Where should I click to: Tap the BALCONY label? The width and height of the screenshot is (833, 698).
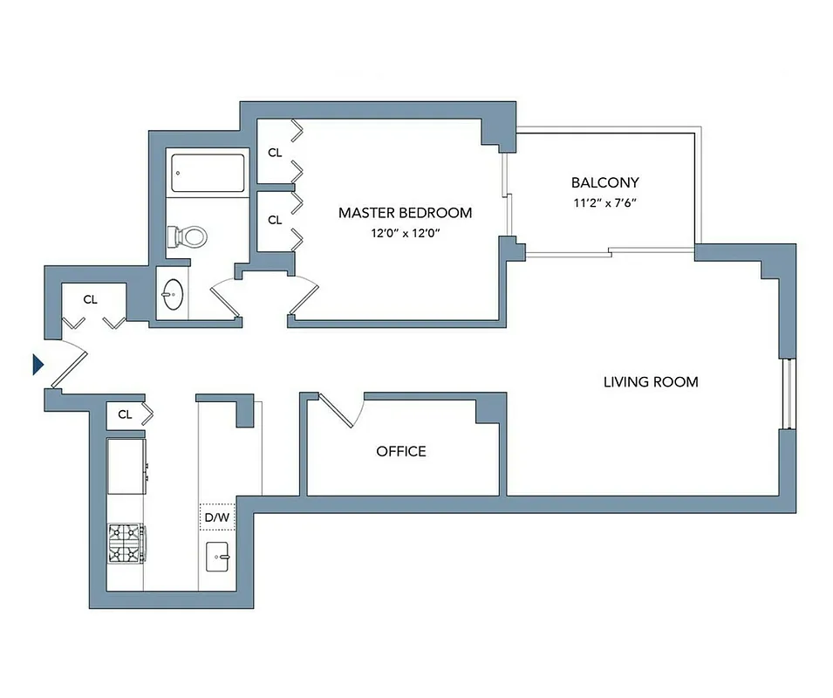click(604, 183)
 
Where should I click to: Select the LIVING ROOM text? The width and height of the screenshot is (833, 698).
click(651, 382)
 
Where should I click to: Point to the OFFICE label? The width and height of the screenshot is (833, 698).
click(401, 451)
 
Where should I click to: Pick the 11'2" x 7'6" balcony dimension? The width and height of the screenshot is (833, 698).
click(604, 203)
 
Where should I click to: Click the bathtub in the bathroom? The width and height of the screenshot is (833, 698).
click(208, 174)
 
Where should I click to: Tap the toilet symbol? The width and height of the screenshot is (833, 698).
click(187, 235)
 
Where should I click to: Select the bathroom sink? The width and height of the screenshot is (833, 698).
click(173, 294)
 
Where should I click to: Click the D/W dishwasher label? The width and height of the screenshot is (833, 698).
click(216, 517)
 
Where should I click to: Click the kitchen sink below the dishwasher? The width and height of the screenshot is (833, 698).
click(217, 556)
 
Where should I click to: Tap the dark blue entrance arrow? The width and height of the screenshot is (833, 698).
click(38, 364)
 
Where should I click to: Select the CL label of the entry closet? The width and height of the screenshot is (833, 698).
click(90, 299)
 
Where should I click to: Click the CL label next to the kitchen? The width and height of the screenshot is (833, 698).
click(125, 414)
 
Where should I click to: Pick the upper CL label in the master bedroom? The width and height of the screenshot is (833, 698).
click(275, 153)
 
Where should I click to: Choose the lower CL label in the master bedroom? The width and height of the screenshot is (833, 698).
click(275, 220)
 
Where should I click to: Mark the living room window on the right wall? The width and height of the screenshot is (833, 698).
click(788, 393)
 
